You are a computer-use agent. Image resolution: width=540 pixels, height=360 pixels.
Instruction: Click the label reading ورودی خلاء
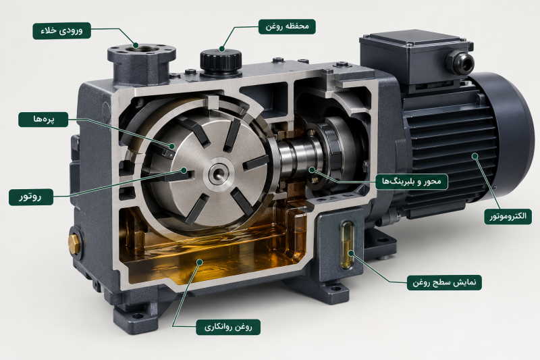pyautogui.click(x=62, y=30)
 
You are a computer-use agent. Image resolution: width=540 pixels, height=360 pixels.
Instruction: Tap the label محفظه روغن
pyautogui.click(x=287, y=26)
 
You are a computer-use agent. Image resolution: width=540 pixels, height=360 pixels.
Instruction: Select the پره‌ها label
pyautogui.click(x=43, y=119)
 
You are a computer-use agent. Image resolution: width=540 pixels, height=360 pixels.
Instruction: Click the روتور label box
pyautogui.click(x=31, y=197)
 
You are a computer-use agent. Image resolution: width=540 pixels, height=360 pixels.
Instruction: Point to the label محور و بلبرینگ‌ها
pyautogui.click(x=412, y=182)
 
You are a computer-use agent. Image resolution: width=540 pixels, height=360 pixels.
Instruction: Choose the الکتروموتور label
pyautogui.click(x=508, y=216)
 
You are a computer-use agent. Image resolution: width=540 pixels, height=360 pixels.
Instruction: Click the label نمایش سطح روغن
pyautogui.click(x=444, y=282)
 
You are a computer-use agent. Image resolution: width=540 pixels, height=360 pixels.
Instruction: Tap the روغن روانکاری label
pyautogui.click(x=228, y=327)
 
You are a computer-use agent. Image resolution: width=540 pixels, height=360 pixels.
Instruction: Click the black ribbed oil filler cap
pyautogui.click(x=221, y=61)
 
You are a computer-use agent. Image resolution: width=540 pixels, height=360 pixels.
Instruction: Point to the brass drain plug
pyautogui.click(x=74, y=243)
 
